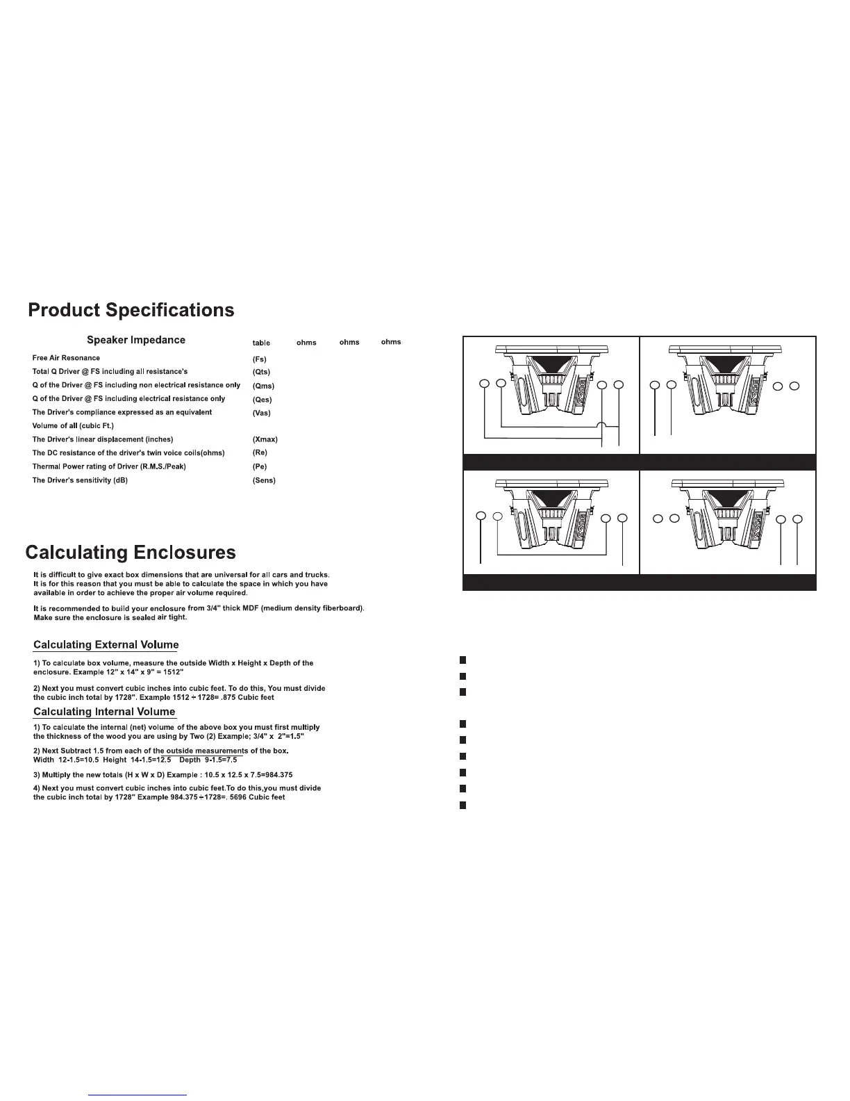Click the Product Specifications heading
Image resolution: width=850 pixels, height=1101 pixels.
pyautogui.click(x=131, y=310)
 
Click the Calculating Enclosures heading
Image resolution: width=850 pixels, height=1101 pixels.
pyautogui.click(x=131, y=553)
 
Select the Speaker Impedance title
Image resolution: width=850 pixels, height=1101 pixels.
pyautogui.click(x=136, y=341)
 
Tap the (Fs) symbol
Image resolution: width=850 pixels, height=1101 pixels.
pyautogui.click(x=260, y=359)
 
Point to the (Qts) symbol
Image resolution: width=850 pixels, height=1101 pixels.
pyautogui.click(x=261, y=373)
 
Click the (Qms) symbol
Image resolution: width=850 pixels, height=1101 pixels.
pyautogui.click(x=263, y=386)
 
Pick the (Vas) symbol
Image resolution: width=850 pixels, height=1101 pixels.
pyautogui.click(x=262, y=413)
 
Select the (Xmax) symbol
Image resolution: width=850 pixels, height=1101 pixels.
pyautogui.click(x=265, y=440)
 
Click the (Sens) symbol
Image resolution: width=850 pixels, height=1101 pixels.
pyautogui.click(x=264, y=481)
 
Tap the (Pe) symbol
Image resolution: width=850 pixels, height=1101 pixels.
pyautogui.click(x=260, y=467)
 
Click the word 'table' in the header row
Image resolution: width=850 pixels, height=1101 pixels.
pyautogui.click(x=261, y=343)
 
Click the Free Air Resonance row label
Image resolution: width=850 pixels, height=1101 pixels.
pyautogui.click(x=66, y=358)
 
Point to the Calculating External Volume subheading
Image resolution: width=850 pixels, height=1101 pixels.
pyautogui.click(x=106, y=646)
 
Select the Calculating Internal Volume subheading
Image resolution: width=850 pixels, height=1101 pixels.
pyautogui.click(x=104, y=712)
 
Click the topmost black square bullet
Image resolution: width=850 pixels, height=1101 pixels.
pyautogui.click(x=461, y=659)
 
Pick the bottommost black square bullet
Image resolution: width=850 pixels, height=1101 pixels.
pyautogui.click(x=461, y=806)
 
